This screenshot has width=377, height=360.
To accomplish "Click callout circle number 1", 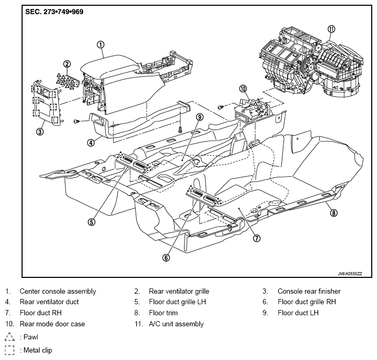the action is tap(100, 45).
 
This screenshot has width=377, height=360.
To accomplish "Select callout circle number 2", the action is tap(67, 64).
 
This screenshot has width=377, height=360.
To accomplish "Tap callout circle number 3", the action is tap(39, 132).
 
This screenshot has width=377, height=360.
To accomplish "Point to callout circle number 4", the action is tap(90, 143).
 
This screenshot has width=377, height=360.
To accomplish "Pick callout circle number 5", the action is tap(91, 222).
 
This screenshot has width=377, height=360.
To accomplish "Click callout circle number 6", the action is tap(166, 258).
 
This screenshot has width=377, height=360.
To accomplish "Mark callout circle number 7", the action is tap(257, 238).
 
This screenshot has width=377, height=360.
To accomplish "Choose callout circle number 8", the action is tap(333, 213).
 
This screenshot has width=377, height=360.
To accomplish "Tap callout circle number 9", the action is tap(200, 117).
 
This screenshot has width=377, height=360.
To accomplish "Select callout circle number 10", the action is tap(243, 89).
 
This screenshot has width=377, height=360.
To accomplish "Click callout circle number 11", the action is tap(331, 29).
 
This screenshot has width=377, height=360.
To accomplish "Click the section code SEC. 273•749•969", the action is tap(54, 12).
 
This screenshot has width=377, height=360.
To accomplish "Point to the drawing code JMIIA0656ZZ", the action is tap(350, 274).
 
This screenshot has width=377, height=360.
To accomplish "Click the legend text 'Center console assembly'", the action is tap(58, 292).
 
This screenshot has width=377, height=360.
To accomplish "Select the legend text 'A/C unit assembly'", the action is tap(176, 324).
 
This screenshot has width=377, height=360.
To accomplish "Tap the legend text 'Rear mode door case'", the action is tap(52, 324).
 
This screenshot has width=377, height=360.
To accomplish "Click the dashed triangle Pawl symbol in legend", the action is tap(9, 337).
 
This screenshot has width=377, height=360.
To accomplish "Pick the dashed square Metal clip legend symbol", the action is tap(9, 350).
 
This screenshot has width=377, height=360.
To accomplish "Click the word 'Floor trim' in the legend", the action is tap(163, 313).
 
